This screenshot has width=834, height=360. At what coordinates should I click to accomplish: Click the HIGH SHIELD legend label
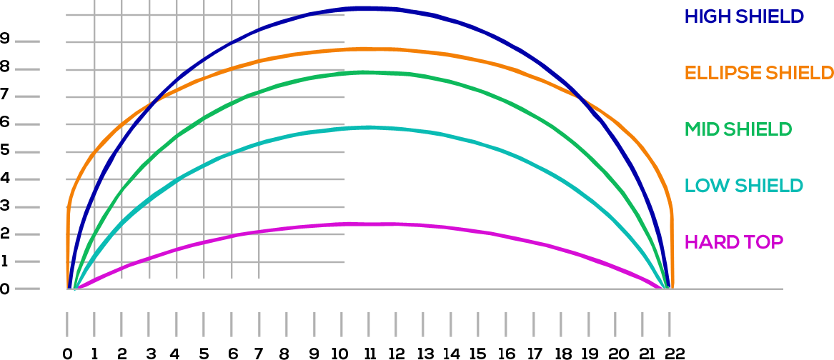(x=745, y=16)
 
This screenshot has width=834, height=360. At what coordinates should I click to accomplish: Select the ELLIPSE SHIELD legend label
(x=759, y=73)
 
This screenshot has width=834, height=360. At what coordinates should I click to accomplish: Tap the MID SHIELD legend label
(x=738, y=129)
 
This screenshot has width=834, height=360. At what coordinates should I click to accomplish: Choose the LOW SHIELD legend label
(x=744, y=186)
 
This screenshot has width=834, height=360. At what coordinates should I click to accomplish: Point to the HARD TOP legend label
(x=734, y=242)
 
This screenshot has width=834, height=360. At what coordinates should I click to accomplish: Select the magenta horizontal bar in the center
(x=379, y=231)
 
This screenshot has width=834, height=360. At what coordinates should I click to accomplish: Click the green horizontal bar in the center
(x=379, y=87)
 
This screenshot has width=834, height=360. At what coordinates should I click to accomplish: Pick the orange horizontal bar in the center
(x=379, y=59)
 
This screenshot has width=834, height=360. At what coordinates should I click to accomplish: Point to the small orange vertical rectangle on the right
(x=632, y=106)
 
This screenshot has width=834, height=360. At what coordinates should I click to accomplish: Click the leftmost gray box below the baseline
(x=149, y=324)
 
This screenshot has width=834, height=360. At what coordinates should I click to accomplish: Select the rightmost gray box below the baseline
(x=642, y=324)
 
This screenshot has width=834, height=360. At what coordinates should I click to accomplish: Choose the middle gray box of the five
(x=423, y=324)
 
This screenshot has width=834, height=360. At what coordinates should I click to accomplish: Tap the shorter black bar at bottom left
(x=150, y=354)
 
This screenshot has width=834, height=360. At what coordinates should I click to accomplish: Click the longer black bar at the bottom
(x=469, y=354)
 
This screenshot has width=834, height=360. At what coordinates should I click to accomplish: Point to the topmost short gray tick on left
(x=26, y=42)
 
